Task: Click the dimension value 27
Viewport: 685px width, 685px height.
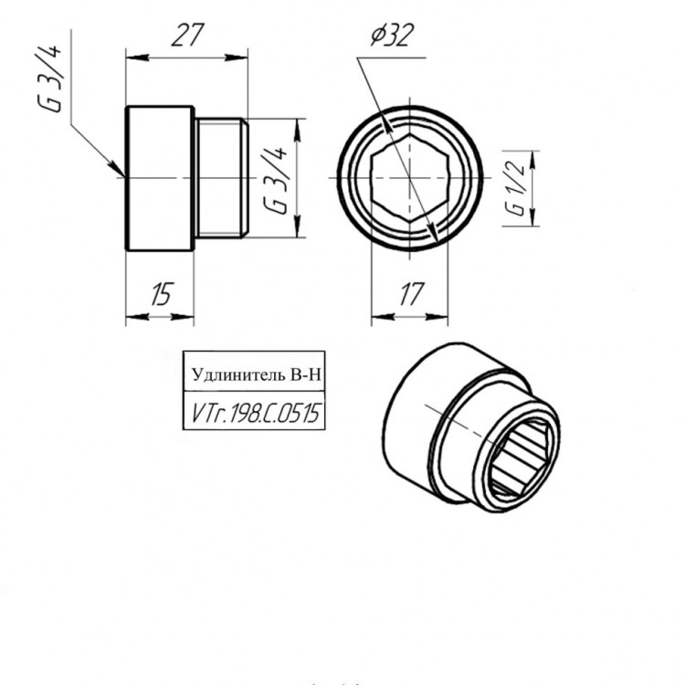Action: (188, 35)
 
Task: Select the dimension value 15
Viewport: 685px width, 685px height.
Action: (162, 293)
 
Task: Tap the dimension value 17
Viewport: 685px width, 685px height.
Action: (411, 294)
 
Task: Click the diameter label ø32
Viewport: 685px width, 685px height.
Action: (392, 36)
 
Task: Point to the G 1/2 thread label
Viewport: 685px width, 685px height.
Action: (516, 188)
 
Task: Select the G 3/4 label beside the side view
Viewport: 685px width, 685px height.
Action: (275, 180)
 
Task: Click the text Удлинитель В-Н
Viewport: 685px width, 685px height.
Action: (257, 374)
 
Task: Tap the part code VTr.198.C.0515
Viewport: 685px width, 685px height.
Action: (256, 413)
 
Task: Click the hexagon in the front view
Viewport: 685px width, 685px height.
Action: (409, 178)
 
